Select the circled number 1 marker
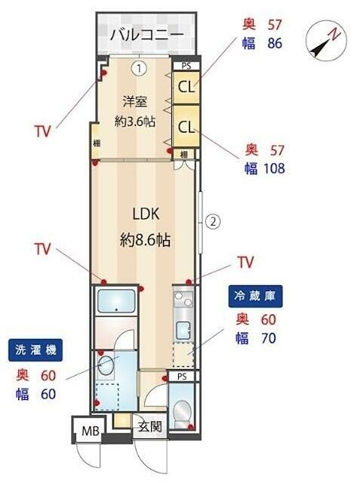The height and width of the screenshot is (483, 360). pos(139,68)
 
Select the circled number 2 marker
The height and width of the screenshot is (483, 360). pos(214,222)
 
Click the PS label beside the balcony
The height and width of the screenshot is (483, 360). pos(185,66)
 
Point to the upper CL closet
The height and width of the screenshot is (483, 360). pos(186,86)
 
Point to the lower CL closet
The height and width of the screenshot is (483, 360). pos(186,126)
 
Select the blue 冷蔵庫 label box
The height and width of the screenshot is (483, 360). pos(255,297)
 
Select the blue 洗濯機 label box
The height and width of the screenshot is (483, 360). pos(36,349)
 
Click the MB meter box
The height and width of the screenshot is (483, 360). pos(90,433)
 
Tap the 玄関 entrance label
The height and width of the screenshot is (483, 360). pos(148,426)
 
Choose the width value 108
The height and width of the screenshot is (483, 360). pos(272,168)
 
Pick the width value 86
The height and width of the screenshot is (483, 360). pos(275,43)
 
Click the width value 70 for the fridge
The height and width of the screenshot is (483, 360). pos(268,338)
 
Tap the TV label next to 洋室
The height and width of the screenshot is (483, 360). pos(42,131)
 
